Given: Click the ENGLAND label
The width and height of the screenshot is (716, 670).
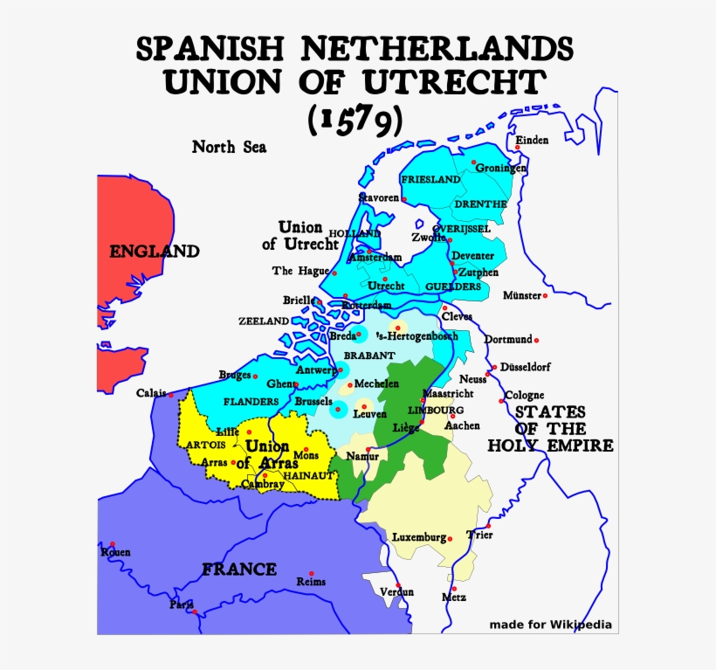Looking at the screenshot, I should click(154, 252).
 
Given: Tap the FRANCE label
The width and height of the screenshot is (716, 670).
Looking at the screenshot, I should click(239, 570).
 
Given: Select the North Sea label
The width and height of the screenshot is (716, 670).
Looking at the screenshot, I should click(229, 147).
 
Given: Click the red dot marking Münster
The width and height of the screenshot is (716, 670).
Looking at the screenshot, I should click(546, 296).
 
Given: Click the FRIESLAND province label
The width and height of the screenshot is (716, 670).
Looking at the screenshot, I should click(430, 179).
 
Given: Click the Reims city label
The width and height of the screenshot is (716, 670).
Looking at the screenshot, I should click(311, 582).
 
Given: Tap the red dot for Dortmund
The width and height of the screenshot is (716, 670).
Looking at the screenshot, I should click(537, 340).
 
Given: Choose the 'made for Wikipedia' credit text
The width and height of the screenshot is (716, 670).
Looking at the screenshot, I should click(550, 625).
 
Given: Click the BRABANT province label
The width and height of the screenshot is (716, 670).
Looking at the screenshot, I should click(368, 356).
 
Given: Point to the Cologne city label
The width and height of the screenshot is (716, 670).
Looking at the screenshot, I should click(524, 395).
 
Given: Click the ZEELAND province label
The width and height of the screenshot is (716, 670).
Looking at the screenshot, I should click(263, 321).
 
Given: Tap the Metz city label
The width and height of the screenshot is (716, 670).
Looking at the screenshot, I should click(454, 597).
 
